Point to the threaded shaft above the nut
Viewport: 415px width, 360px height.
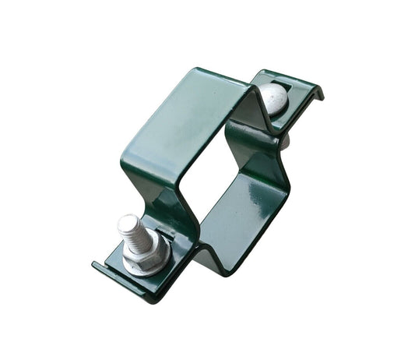pos(132,234)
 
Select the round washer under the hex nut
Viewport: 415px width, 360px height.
pos(153,263)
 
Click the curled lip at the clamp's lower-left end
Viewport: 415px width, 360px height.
pos(100,269)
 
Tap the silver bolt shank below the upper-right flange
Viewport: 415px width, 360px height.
pos(283,140)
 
